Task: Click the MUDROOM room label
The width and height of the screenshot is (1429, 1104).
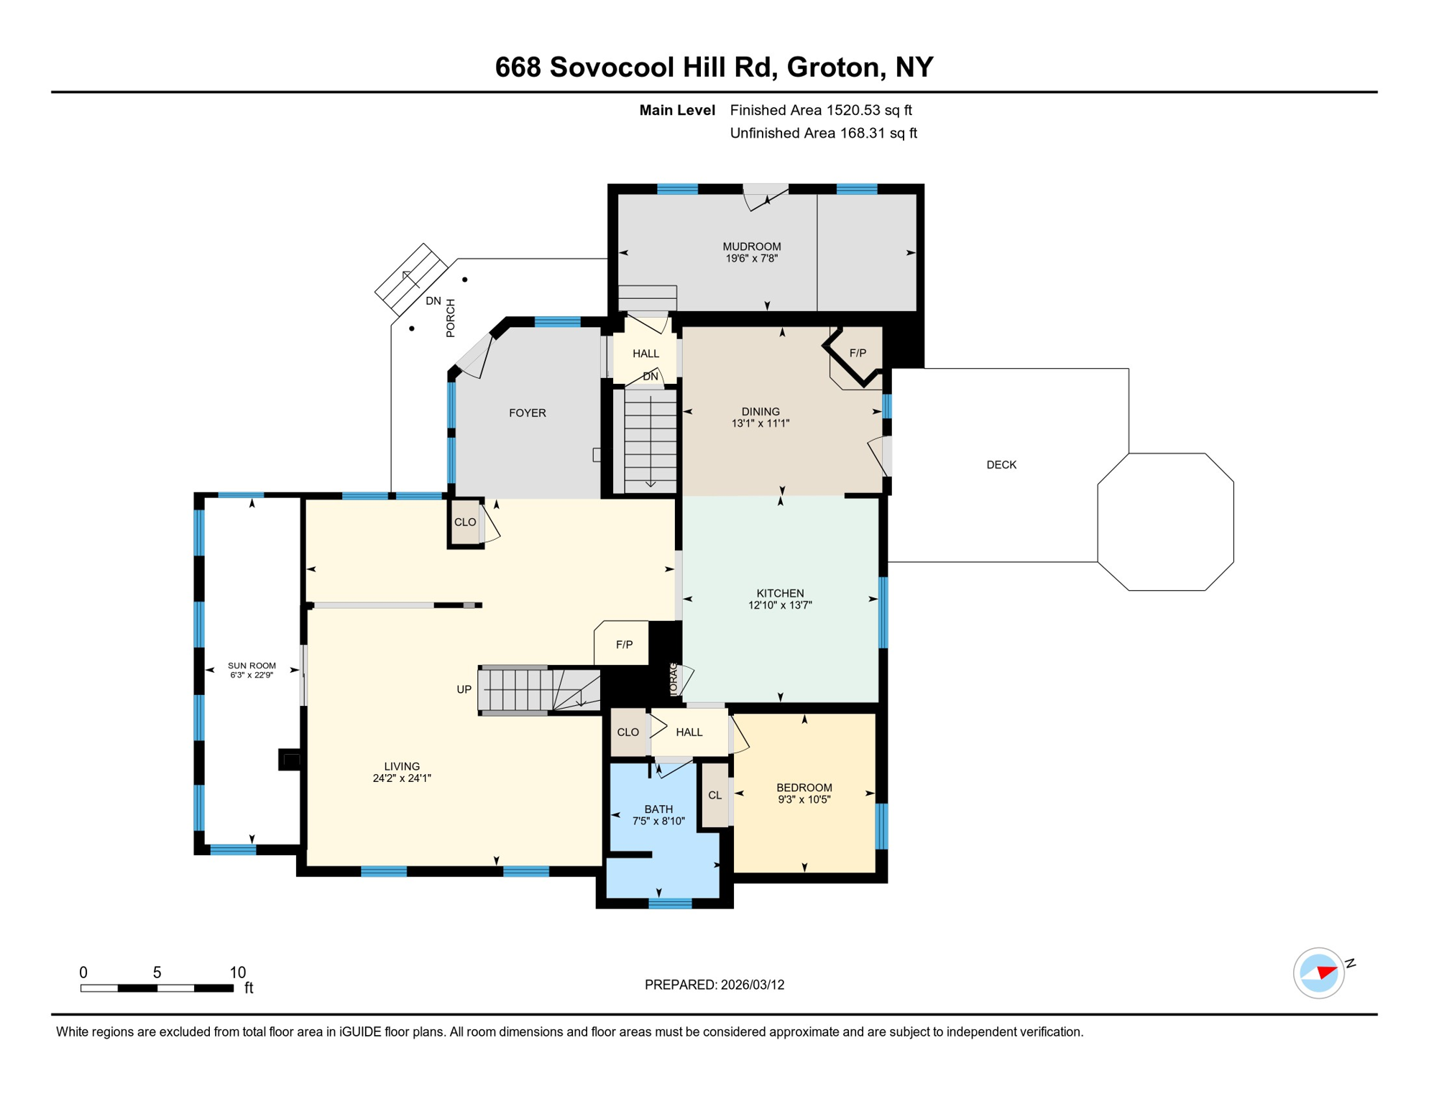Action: tap(751, 247)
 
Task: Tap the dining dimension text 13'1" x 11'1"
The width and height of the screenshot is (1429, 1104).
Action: tap(761, 423)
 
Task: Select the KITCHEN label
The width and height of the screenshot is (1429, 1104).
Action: tap(780, 593)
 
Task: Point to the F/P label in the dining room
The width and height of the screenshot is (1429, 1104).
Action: tap(858, 353)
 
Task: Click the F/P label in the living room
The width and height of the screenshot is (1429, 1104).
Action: tap(624, 645)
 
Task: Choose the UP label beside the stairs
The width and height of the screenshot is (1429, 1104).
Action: tap(464, 689)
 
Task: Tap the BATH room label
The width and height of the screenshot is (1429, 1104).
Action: tap(658, 809)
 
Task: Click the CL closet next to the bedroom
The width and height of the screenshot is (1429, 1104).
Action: tap(714, 795)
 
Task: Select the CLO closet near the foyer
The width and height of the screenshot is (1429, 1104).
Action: tap(465, 523)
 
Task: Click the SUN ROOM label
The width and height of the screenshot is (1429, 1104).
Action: tap(252, 666)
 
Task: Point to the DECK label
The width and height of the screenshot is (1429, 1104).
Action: tap(1001, 465)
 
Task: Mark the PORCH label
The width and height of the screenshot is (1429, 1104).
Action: tap(451, 318)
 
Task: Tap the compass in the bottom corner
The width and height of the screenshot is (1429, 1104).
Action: tap(1319, 973)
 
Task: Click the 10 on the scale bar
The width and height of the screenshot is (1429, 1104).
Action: tap(237, 972)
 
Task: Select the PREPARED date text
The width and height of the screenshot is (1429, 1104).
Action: tap(714, 985)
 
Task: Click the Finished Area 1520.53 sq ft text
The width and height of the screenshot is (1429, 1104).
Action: tap(820, 110)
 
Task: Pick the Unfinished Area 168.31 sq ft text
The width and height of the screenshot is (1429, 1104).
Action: tap(823, 133)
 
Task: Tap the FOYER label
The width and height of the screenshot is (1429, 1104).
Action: tap(527, 413)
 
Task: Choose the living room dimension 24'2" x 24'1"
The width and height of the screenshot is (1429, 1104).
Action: tap(402, 778)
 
